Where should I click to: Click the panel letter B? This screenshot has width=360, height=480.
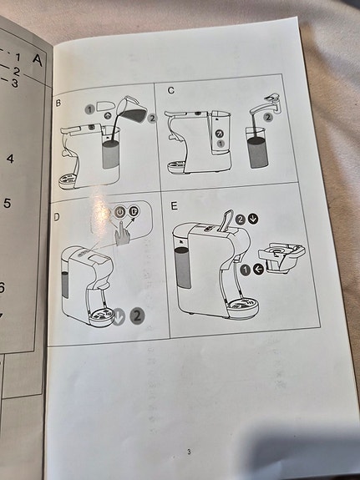tap(58, 103)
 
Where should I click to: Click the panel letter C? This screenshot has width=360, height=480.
tap(171, 90)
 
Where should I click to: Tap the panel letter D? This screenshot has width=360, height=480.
tap(57, 217)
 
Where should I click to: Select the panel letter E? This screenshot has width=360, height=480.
tap(174, 206)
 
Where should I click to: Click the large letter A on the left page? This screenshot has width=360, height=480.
tap(38, 60)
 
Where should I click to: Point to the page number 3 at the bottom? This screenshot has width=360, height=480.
tap(189, 452)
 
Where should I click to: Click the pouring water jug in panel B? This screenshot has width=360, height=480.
tap(132, 109)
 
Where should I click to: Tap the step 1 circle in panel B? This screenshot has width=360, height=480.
tap(89, 109)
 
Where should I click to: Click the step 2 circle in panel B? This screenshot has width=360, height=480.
tap(152, 119)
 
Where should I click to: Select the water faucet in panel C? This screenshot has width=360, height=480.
tap(265, 105)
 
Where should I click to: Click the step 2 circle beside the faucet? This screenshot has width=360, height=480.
tap(268, 117)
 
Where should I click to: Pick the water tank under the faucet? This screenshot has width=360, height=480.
tap(257, 148)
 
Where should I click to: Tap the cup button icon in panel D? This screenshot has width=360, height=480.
tap(134, 210)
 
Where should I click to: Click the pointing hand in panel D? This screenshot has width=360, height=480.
tap(122, 233)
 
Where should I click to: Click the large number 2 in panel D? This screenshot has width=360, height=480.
tap(137, 316)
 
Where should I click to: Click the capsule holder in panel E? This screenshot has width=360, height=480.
tap(281, 256)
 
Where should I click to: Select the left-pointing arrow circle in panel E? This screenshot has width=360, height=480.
tap(259, 270)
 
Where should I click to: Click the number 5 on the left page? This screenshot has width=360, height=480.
tap(8, 203)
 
